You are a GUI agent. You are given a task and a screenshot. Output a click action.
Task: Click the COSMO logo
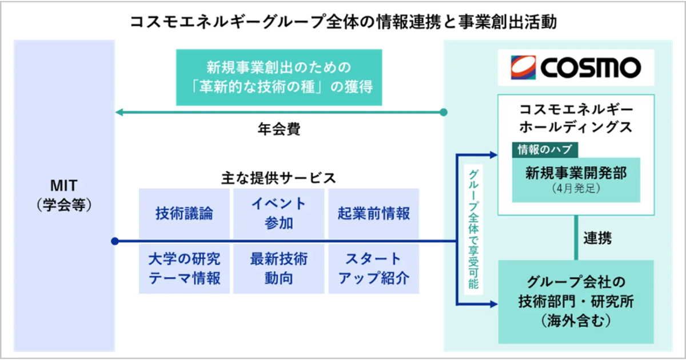tap(576, 67)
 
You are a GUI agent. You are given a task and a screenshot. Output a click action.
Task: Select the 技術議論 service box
tap(184, 213)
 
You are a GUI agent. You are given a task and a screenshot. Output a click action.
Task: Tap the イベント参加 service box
tap(278, 213)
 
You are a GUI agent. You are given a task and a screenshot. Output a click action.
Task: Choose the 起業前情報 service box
tap(373, 213)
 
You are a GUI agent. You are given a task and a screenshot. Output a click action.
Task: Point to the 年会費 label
tap(279, 129)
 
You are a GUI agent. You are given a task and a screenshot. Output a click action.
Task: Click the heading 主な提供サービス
tap(278, 178)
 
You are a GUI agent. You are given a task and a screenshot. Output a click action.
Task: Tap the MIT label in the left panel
tap(63, 186)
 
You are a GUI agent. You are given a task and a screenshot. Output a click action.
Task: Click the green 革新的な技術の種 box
tap(279, 77)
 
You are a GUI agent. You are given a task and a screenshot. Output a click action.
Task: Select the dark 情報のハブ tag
tap(545, 150)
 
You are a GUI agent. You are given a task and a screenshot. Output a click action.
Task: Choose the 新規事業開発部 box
tap(575, 179)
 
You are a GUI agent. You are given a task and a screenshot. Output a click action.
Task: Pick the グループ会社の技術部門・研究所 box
tap(576, 301)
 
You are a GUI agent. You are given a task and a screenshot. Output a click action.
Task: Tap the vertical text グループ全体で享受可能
tap(473, 229)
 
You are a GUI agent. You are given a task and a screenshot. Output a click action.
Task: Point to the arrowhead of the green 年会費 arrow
tap(119, 112)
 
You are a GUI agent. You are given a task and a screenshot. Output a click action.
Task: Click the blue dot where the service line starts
tap(115, 241)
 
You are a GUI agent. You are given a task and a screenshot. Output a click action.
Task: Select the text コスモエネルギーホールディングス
tap(576, 118)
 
